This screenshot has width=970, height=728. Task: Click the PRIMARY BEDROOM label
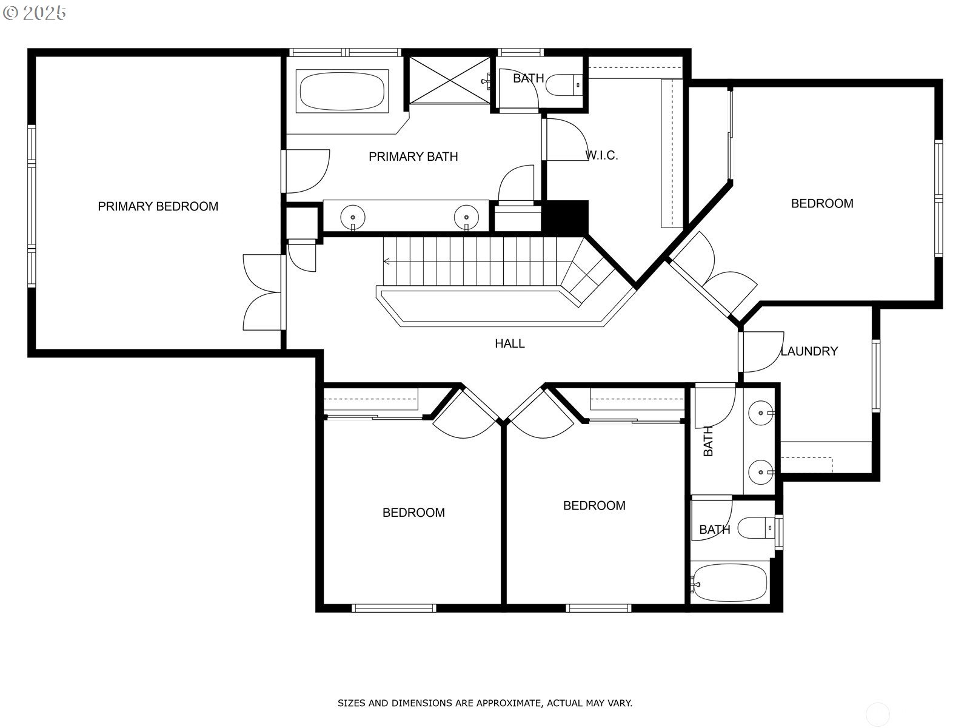point(158,206)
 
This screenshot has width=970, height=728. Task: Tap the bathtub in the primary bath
point(342,92)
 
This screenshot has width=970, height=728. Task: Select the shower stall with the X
point(449,80)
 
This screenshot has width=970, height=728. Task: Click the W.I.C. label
point(601,156)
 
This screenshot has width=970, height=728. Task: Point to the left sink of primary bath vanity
point(353,216)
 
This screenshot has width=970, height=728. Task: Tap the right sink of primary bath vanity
point(466,216)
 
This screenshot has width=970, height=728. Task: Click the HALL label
point(509,343)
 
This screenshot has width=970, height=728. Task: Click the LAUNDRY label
point(809,351)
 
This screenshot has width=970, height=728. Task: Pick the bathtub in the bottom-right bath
point(730,582)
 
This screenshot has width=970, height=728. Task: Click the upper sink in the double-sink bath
point(760,414)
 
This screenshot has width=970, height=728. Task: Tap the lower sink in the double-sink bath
point(760,471)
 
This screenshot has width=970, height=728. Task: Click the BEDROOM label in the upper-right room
point(821,204)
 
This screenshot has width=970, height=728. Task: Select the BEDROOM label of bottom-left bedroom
point(413,513)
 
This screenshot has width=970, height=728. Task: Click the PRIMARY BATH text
point(413,157)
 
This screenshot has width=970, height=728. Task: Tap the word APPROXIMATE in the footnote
point(508,703)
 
